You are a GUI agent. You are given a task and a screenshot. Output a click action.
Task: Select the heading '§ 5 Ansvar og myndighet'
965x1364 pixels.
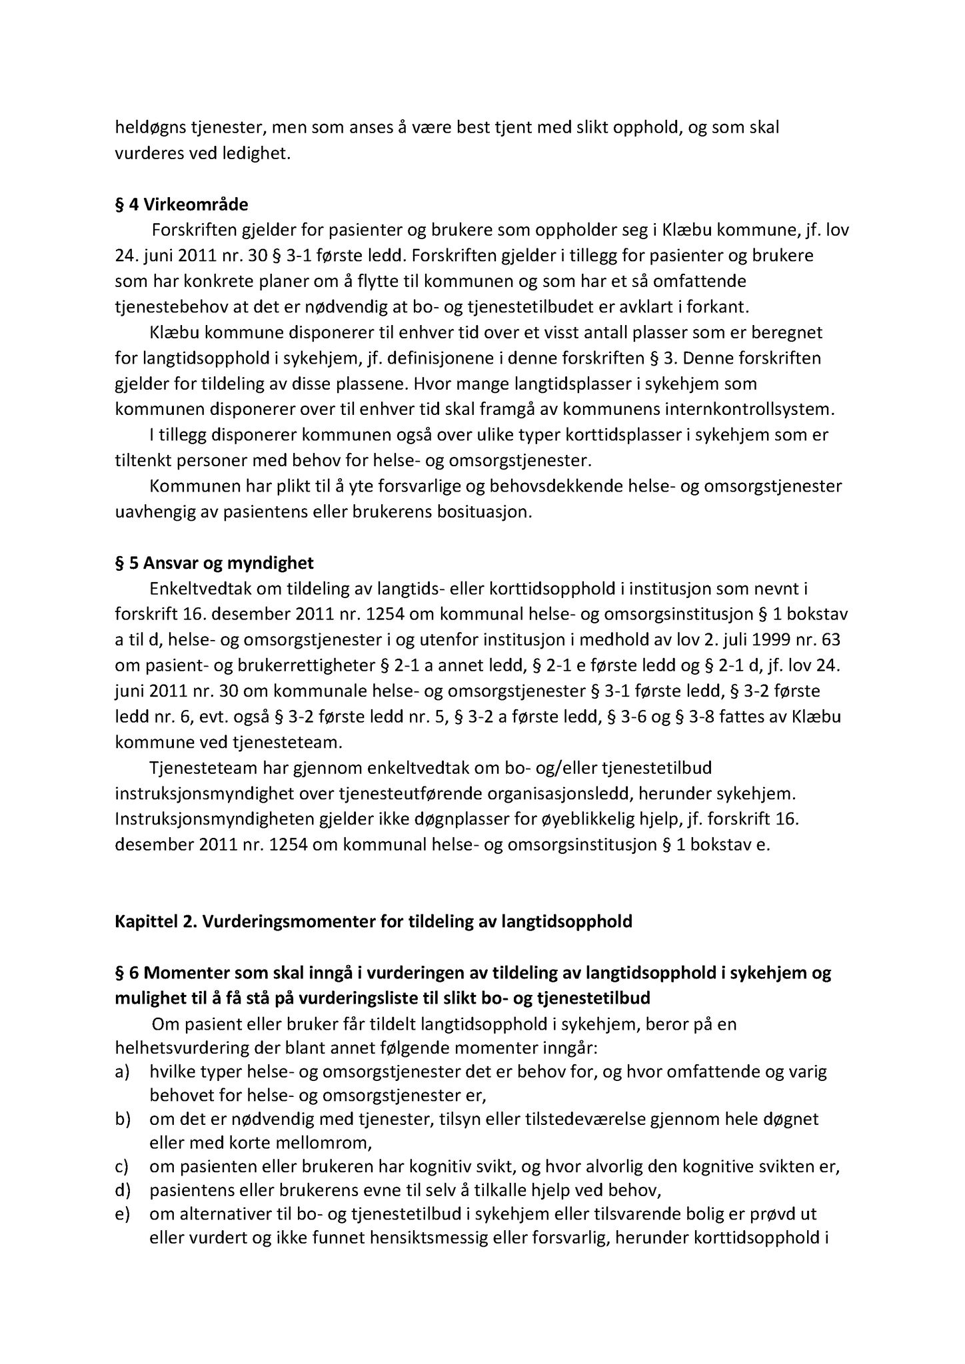click(214, 563)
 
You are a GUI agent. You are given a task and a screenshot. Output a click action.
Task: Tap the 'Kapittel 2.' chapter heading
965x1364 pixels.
click(373, 922)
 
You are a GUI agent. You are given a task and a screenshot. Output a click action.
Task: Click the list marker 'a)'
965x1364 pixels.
click(123, 1072)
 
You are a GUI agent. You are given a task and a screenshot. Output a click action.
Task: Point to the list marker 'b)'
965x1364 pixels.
click(123, 1120)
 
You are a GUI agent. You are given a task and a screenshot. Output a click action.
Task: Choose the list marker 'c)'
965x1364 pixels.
click(123, 1167)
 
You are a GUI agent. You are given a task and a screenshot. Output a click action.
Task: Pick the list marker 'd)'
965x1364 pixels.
click(123, 1190)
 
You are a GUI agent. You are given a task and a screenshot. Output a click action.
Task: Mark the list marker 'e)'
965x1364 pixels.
click(123, 1214)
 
